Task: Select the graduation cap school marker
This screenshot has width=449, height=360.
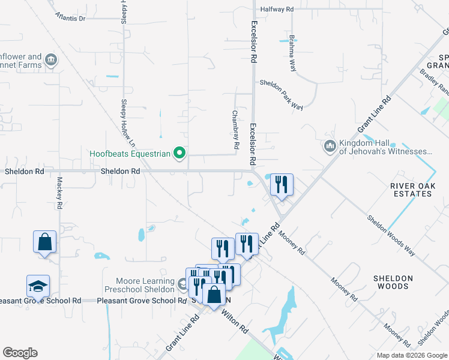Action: (38, 286)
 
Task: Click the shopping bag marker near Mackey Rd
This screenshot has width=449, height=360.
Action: (45, 242)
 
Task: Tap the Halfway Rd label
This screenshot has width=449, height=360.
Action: (277, 10)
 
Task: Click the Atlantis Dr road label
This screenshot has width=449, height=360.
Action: (70, 18)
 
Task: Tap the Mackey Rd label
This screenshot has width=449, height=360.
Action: (59, 192)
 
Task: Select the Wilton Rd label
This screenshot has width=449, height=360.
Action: (235, 321)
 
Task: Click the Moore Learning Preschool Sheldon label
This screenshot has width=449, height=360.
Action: (139, 285)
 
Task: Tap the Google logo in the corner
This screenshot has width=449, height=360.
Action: (20, 353)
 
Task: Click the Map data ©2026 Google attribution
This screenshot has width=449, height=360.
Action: (411, 355)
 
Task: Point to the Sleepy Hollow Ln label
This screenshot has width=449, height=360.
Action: (127, 122)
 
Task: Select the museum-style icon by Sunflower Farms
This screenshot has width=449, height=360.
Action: (50, 60)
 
